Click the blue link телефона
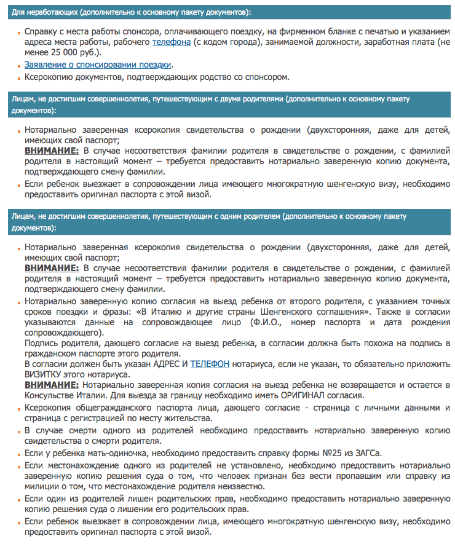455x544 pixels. tap(172, 41)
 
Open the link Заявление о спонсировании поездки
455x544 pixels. tap(98, 65)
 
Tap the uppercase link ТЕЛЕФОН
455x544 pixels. tap(210, 364)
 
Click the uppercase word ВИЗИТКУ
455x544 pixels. tap(45, 374)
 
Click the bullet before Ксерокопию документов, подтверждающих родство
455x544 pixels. tap(18, 78)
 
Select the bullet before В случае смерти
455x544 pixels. tap(18, 432)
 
